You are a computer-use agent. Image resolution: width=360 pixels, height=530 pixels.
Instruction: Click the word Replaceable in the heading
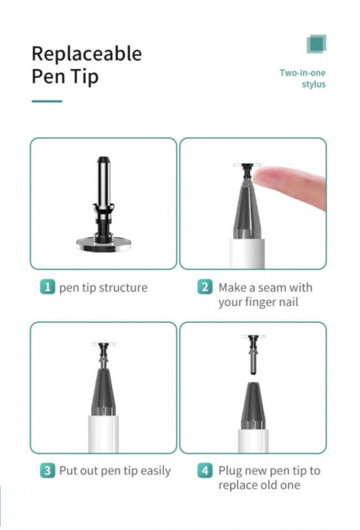point(86,54)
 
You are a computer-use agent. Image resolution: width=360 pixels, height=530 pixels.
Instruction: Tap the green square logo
point(317,44)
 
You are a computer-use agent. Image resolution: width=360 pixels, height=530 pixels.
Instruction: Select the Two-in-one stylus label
point(303,78)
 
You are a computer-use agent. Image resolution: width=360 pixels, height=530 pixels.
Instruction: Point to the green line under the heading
point(47,101)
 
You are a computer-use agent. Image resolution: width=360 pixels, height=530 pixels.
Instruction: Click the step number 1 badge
point(47,287)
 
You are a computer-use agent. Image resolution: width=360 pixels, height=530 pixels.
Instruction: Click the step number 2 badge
point(205,287)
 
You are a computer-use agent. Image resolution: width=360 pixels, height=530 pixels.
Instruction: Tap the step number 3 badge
point(47,471)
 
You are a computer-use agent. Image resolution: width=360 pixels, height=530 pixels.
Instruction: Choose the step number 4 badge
point(205,471)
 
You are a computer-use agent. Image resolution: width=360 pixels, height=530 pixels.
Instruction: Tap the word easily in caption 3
point(155,471)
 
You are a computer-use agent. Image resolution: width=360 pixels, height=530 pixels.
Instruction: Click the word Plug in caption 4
point(230,471)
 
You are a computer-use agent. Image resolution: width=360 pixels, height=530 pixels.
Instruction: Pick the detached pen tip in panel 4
point(253,355)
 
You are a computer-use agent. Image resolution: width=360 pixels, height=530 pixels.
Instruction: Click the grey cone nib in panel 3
point(103,392)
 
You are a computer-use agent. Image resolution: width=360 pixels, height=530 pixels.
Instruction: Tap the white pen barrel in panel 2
point(248,253)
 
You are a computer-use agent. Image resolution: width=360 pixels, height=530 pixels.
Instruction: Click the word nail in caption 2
point(287,302)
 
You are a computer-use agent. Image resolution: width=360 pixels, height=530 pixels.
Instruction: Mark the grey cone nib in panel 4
point(253,405)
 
